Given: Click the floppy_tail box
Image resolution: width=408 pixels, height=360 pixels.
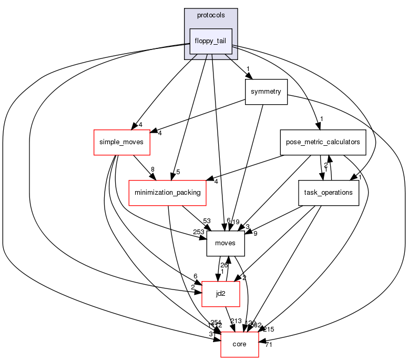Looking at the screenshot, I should tap(211, 41).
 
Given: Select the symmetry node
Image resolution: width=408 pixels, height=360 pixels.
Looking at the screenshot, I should tap(266, 92).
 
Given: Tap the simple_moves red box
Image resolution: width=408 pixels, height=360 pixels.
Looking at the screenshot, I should tap(122, 142).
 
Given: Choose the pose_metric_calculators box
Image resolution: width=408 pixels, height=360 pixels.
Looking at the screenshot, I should tap(323, 142).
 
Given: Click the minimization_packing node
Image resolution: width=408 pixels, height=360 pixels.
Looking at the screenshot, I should tap(168, 193).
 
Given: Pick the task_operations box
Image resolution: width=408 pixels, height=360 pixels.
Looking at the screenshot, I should tap(329, 193).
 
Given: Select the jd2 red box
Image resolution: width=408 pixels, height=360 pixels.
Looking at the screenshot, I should tap(221, 294).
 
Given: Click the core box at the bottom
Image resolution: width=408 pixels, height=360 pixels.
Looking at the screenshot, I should tap(239, 344).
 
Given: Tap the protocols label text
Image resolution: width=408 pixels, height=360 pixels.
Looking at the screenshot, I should tap(211, 15).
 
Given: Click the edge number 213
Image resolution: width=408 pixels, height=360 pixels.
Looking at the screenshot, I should tap(237, 322).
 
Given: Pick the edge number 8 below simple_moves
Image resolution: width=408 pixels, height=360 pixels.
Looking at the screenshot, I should tap(152, 169).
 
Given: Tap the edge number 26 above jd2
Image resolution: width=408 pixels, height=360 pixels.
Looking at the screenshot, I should tap(223, 265).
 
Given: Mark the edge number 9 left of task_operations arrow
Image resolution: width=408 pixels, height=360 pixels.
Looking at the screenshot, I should tap(255, 233).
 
